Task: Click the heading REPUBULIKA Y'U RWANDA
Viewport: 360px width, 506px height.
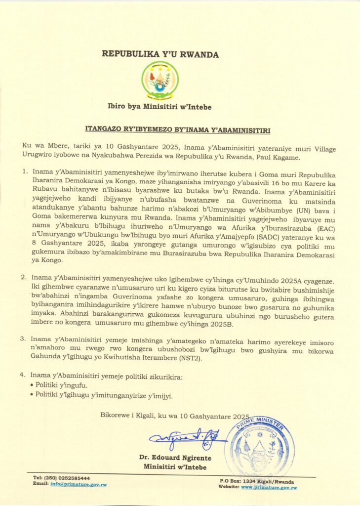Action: click(160, 54)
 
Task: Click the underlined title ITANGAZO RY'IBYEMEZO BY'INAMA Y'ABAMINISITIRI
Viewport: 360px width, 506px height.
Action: click(180, 129)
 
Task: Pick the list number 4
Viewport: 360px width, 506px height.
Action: click(23, 375)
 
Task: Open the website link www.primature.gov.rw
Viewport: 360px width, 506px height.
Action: click(269, 487)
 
